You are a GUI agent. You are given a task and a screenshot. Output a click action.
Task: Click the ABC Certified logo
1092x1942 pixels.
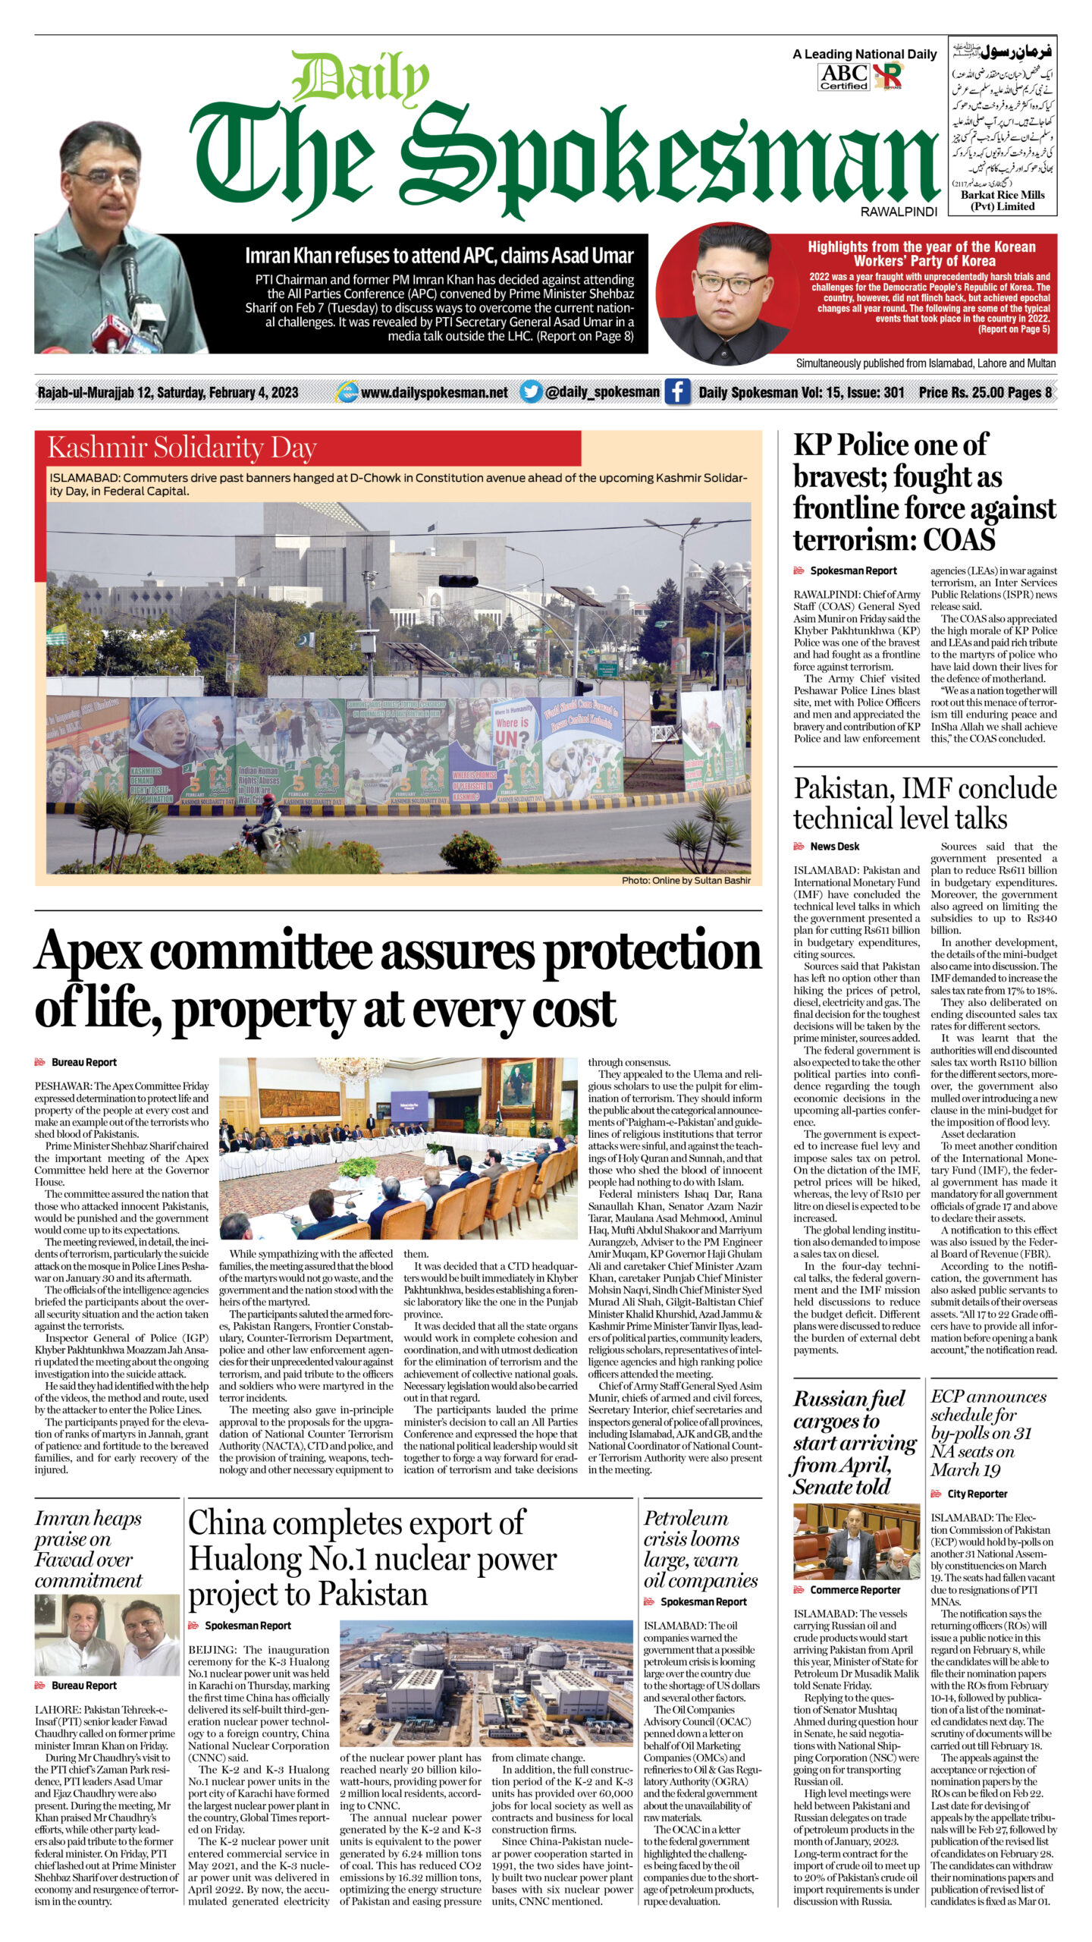[x=843, y=77]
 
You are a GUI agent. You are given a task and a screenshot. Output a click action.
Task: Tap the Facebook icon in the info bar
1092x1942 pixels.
[x=677, y=392]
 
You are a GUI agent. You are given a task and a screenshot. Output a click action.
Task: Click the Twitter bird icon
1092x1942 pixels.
[x=531, y=392]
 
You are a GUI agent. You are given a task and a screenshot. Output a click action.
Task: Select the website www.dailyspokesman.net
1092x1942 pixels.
[x=434, y=392]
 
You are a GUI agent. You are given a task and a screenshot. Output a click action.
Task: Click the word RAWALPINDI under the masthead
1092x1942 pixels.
[x=899, y=212]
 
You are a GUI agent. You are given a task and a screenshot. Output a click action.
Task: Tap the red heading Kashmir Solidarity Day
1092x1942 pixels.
[x=182, y=448]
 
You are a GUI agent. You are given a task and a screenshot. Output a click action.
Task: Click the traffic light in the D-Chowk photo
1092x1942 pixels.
[x=458, y=581]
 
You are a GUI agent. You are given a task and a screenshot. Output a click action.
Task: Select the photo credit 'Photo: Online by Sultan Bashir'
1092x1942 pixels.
[x=686, y=881]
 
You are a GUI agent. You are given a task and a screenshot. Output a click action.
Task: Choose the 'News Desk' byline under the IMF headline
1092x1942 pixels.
[x=834, y=847]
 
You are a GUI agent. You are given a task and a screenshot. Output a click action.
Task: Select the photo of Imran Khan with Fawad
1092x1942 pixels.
[x=107, y=1633]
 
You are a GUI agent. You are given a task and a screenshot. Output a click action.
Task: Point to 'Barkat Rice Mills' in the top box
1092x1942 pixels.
[x=1003, y=195]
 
